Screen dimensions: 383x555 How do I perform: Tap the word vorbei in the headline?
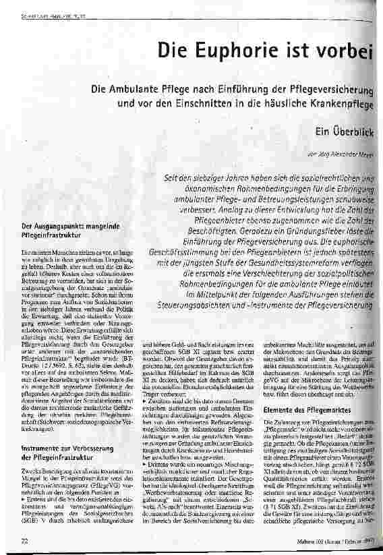pyautogui.click(x=345, y=50)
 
